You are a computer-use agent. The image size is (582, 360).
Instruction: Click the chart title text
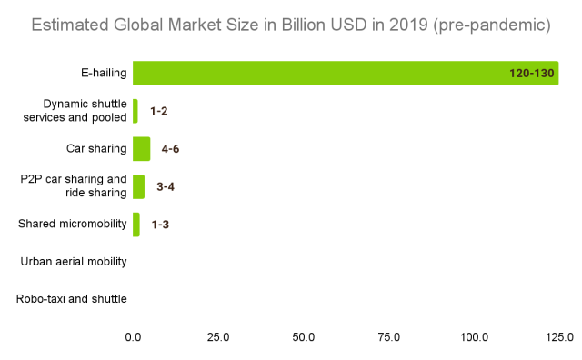point(291,25)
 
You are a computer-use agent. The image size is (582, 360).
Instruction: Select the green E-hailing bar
point(346,74)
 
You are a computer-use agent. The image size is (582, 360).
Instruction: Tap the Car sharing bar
point(141,148)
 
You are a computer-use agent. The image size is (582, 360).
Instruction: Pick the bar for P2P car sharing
point(138,186)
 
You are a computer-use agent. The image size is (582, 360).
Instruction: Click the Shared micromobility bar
point(136,224)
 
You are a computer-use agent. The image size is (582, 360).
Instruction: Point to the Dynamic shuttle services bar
point(135,111)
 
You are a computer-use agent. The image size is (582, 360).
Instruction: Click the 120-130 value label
point(532,74)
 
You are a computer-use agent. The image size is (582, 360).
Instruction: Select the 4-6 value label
point(176,149)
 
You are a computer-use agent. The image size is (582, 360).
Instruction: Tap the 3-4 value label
point(166,186)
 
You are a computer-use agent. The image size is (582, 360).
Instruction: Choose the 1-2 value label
point(159,111)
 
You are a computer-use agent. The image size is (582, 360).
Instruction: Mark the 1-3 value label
point(160,224)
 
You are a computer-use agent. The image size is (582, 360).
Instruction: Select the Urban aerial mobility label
point(73,262)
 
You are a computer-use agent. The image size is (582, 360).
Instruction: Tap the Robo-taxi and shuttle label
point(72,299)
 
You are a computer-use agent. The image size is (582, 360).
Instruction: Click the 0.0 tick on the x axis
point(133,337)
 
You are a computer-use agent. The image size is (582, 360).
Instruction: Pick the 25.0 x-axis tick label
point(218,337)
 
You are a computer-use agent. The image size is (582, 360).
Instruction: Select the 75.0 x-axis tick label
point(389,337)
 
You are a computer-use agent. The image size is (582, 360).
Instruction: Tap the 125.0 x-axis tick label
point(557,337)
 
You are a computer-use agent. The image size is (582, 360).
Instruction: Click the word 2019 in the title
point(386,25)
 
